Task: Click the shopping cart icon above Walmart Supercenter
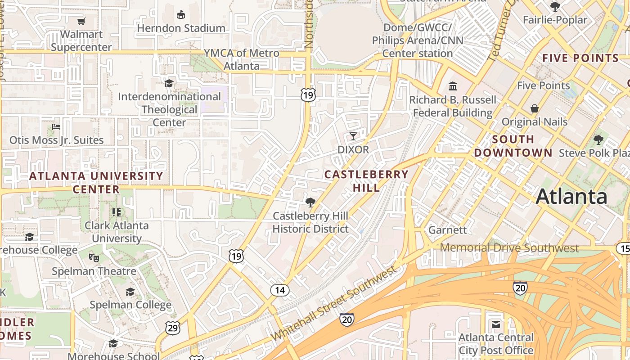click(x=81, y=21)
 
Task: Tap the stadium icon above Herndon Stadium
click(x=181, y=15)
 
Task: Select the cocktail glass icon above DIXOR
click(x=353, y=136)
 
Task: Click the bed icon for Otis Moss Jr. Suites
click(x=56, y=127)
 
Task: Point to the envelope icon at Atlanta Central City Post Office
click(x=496, y=324)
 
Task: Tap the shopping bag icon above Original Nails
click(x=535, y=108)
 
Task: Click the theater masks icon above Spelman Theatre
click(x=94, y=258)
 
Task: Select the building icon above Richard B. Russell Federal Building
click(x=453, y=86)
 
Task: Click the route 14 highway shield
click(x=279, y=290)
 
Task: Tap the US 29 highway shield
click(x=173, y=328)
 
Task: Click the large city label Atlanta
click(x=571, y=197)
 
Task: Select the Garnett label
click(x=447, y=230)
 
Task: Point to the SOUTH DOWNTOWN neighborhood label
click(x=513, y=146)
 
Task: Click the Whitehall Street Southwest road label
click(x=334, y=303)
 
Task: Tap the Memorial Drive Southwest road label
click(x=509, y=248)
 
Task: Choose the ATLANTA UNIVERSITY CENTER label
click(x=96, y=182)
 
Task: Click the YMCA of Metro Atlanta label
click(x=242, y=59)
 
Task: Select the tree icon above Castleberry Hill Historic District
click(x=310, y=202)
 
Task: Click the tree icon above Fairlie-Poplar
click(x=555, y=7)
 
